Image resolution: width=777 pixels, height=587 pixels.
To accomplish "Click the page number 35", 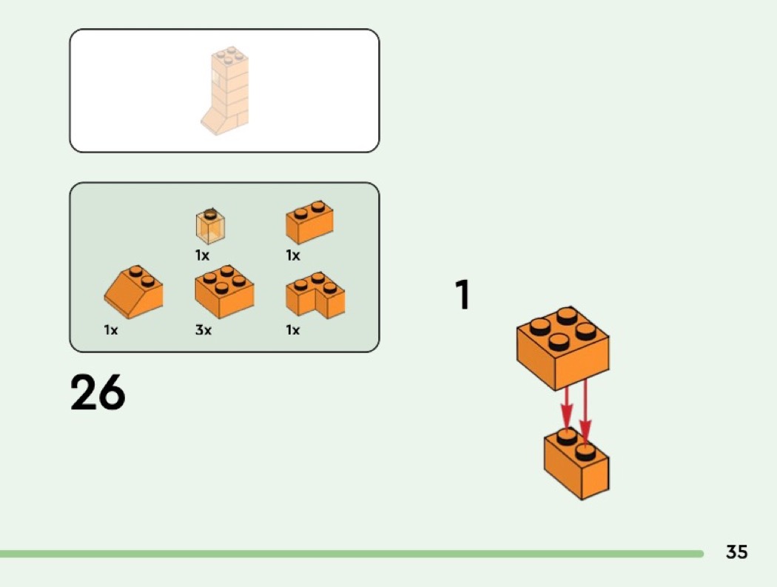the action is (x=736, y=551).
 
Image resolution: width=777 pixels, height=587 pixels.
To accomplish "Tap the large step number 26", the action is (x=98, y=392).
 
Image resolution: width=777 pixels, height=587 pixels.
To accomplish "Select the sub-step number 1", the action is (x=462, y=295).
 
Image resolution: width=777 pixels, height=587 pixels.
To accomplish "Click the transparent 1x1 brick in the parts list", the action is (x=210, y=227).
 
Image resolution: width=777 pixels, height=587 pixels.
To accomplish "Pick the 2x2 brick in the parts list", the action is (x=224, y=292).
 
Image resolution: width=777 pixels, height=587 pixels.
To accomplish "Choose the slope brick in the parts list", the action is (x=133, y=292).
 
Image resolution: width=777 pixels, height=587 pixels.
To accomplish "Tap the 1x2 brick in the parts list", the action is (x=310, y=222).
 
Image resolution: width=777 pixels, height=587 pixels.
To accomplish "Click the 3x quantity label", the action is (x=203, y=329).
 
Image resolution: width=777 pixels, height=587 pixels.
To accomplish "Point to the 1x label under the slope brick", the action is (x=111, y=329).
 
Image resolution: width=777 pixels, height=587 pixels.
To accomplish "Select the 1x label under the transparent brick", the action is (x=202, y=255).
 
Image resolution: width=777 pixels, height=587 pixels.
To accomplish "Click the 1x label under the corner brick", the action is (x=293, y=329).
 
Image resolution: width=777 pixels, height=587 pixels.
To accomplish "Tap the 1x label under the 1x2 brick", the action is (x=293, y=255).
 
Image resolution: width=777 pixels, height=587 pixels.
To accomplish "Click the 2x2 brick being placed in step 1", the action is (x=563, y=348).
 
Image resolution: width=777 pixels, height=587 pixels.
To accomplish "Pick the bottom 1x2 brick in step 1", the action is (x=576, y=463).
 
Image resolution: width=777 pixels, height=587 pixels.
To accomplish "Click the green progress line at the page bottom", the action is (x=351, y=554).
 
